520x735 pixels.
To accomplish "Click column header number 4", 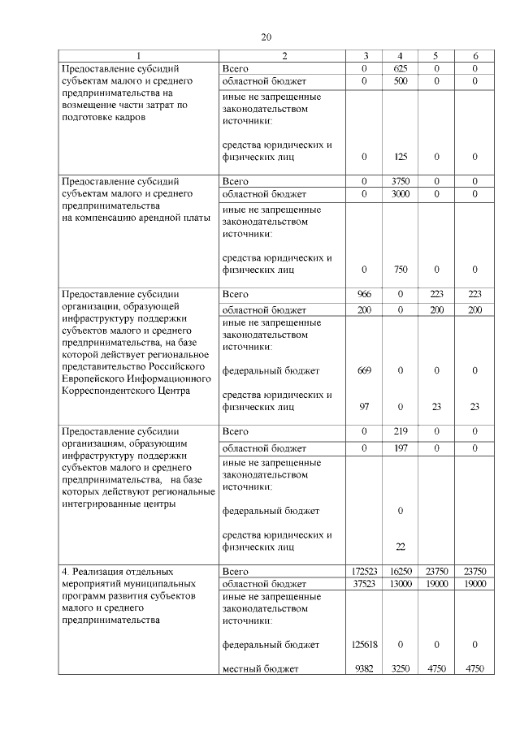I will coord(400,55).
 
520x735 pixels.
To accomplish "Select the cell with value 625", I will coord(400,68).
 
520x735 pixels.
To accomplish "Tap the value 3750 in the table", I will coord(400,181).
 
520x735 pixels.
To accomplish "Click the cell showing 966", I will coord(364,294).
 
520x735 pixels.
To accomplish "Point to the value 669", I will coord(364,370).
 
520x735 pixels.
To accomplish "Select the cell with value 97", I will coord(364,408).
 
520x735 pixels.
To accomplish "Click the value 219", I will coord(400,431).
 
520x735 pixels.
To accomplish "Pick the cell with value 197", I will coord(400,447).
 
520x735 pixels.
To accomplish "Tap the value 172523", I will coord(364,572).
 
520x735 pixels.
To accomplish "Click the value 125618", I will coord(364,644).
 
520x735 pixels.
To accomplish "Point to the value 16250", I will coord(400,572).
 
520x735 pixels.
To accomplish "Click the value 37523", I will coord(364,584).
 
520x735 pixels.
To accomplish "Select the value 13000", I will coord(400,584).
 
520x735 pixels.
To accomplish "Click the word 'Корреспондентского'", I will coord(111,391).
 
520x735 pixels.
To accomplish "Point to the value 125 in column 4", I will coord(400,157).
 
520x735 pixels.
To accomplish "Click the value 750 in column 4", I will coord(400,270).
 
